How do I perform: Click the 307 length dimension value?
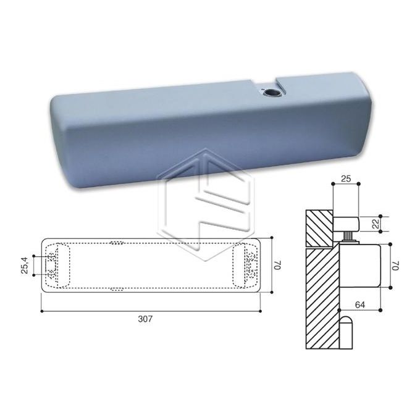[146, 319]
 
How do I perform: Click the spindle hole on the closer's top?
[270, 93]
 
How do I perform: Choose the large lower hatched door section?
[321, 296]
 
